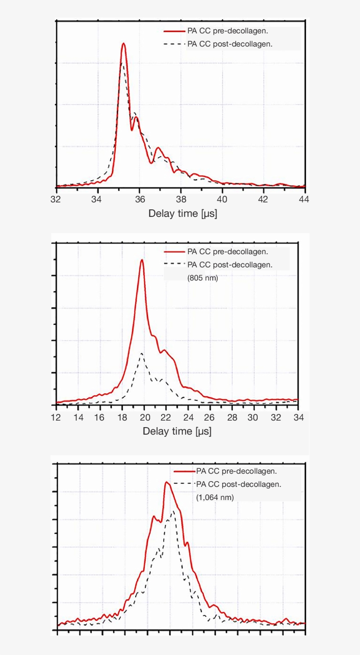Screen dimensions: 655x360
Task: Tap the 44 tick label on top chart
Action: (x=304, y=199)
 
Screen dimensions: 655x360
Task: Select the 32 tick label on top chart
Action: (x=56, y=199)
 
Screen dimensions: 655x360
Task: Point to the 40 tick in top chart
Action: (x=222, y=199)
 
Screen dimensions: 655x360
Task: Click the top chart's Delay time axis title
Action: (x=183, y=214)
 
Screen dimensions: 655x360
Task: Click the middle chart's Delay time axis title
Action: (x=177, y=431)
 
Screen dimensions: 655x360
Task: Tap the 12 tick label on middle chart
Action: (x=56, y=417)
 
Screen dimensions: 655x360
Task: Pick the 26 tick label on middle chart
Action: (x=210, y=417)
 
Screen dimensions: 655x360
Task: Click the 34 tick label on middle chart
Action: (x=298, y=417)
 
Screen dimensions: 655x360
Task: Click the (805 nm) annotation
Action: (x=202, y=278)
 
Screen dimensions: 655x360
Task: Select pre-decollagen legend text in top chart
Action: (x=228, y=31)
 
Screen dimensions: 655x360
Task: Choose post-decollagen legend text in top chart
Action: (x=230, y=44)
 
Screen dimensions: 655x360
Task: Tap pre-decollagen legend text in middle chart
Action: (x=227, y=252)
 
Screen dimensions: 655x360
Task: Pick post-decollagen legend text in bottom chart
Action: (x=238, y=484)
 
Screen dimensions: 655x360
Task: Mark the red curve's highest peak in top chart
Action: (x=124, y=43)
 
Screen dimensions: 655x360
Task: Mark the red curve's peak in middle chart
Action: (x=142, y=260)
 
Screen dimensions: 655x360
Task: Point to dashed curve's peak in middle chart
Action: (x=141, y=353)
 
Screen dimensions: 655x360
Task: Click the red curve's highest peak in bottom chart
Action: (x=166, y=482)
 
